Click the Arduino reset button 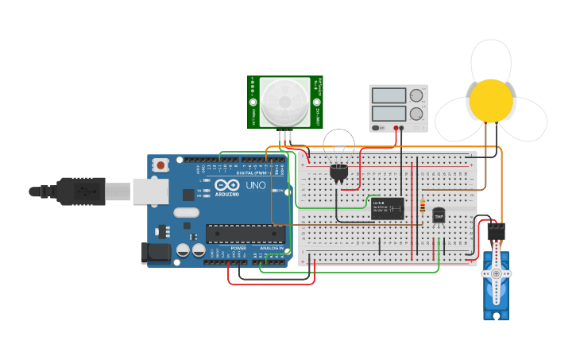point(161,165)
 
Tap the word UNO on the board point(256,185)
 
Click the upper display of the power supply point(389,95)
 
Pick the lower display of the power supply point(389,114)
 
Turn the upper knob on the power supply point(416,95)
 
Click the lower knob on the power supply point(416,114)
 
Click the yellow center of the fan point(491,101)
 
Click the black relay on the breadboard point(387,208)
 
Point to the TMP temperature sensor point(439,215)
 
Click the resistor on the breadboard point(423,204)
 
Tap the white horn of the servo point(497,273)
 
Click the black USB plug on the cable point(79,192)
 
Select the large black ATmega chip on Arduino point(245,234)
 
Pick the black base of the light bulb point(339,172)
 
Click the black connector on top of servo point(496,230)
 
